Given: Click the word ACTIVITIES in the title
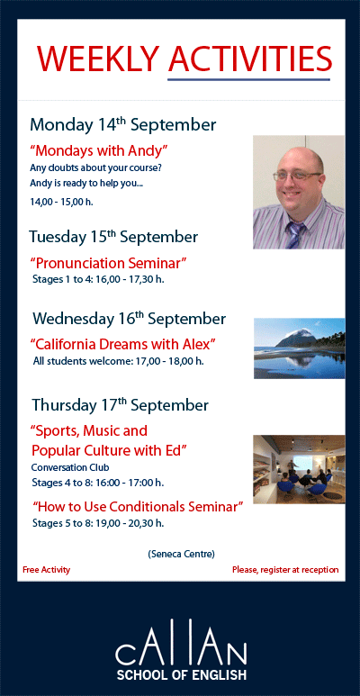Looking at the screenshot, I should click(x=249, y=59).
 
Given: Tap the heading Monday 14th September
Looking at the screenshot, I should click(x=122, y=124).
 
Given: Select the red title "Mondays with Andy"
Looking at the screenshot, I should click(x=99, y=149).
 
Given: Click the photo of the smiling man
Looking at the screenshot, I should click(x=298, y=192).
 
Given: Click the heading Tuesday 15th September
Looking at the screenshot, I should click(x=113, y=238).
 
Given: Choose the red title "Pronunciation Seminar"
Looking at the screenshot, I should click(x=108, y=263).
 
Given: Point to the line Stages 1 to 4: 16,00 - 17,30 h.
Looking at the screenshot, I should click(x=98, y=279).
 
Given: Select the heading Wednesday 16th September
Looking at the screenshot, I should click(x=129, y=319).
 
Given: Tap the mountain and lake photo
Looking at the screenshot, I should click(x=298, y=348).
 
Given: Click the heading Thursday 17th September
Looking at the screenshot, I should click(x=120, y=404).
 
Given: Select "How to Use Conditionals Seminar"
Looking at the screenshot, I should click(x=138, y=507).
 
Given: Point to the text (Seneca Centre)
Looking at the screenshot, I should click(x=181, y=554).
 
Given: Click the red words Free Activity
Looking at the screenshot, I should click(x=47, y=570).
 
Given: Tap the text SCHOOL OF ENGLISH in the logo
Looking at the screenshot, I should click(x=180, y=673).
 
